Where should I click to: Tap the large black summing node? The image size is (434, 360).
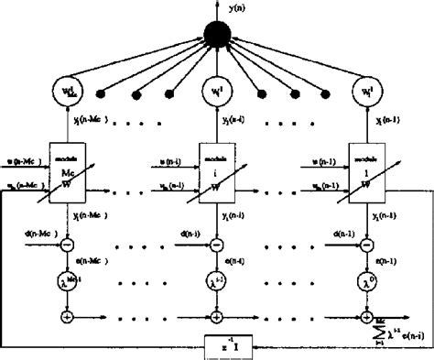tap(217, 36)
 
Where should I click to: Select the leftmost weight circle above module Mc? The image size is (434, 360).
tap(69, 93)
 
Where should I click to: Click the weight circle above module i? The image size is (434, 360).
tap(216, 93)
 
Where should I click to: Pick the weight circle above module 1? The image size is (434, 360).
tap(365, 93)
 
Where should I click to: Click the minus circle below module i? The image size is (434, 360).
tap(216, 245)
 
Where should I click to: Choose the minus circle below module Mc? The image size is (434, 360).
tap(68, 245)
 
